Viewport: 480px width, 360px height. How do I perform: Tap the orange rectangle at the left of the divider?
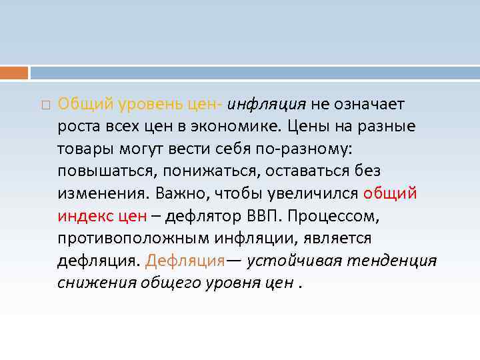14,73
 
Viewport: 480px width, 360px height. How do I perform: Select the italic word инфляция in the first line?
267,105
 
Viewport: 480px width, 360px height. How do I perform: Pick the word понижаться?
210,171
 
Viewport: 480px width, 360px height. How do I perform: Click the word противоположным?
133,238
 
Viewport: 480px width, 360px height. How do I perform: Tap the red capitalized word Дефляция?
185,261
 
